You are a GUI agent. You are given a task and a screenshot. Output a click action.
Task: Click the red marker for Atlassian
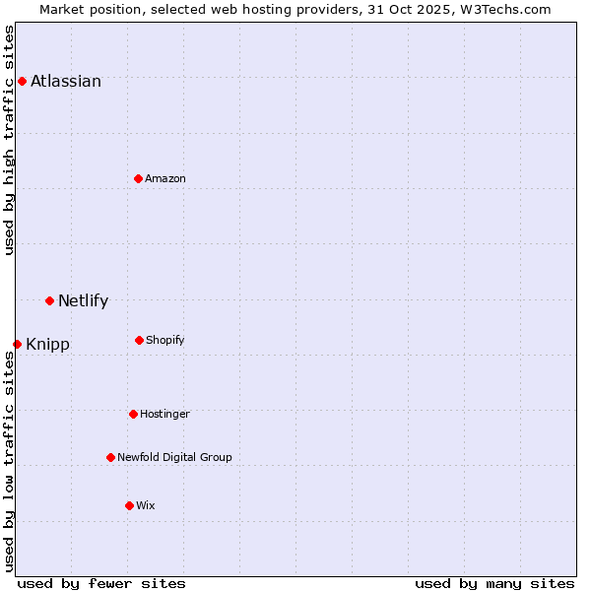pyautogui.click(x=22, y=81)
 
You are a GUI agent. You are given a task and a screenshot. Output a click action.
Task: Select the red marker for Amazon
pyautogui.click(x=138, y=178)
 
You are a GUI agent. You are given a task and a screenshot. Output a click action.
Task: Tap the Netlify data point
pyautogui.click(x=49, y=300)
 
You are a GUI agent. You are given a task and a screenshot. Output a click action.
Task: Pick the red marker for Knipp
pyautogui.click(x=17, y=344)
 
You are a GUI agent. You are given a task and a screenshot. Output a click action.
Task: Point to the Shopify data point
pyautogui.click(x=139, y=340)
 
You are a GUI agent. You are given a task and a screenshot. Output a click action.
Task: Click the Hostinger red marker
pyautogui.click(x=133, y=414)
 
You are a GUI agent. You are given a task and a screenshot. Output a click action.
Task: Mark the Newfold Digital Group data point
pyautogui.click(x=110, y=457)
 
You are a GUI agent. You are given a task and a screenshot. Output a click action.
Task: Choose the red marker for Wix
pyautogui.click(x=129, y=505)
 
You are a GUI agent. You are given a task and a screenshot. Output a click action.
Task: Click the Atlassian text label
pyautogui.click(x=66, y=82)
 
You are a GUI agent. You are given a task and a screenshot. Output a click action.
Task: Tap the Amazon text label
pyautogui.click(x=165, y=179)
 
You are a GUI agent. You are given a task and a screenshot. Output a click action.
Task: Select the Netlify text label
pyautogui.click(x=83, y=301)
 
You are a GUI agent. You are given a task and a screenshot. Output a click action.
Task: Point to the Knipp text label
pyautogui.click(x=47, y=345)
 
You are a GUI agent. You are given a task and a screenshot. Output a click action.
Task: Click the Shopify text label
pyautogui.click(x=165, y=341)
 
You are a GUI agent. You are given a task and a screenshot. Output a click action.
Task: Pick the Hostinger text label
pyautogui.click(x=164, y=415)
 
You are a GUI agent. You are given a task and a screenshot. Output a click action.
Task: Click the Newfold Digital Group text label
pyautogui.click(x=174, y=458)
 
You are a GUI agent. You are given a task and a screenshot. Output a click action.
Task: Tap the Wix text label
pyautogui.click(x=146, y=506)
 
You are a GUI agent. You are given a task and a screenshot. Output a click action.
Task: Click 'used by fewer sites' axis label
pyautogui.click(x=101, y=583)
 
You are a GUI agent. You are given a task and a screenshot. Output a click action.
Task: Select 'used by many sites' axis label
pyautogui.click(x=494, y=583)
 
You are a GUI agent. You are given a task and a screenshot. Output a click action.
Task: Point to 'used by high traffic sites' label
pyautogui.click(x=10, y=140)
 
